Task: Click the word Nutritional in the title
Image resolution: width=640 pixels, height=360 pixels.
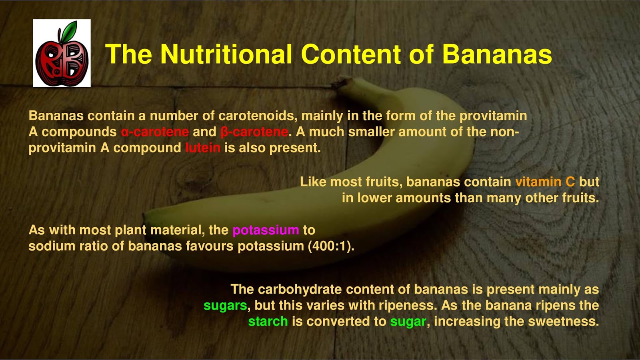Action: click(x=226, y=54)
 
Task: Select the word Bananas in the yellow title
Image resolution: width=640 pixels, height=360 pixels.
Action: click(x=497, y=54)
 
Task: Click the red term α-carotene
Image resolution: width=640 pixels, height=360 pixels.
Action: click(x=155, y=132)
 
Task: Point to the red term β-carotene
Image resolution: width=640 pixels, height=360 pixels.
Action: click(x=254, y=132)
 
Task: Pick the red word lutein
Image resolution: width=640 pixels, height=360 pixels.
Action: click(x=202, y=148)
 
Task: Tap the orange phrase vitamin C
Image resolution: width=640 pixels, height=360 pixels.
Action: click(x=545, y=182)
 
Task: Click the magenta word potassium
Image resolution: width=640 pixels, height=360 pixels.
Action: click(x=266, y=230)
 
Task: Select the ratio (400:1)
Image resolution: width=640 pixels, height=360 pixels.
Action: click(x=331, y=246)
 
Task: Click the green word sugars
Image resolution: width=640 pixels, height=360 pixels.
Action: click(x=225, y=306)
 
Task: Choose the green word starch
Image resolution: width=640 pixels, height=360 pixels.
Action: click(x=268, y=321)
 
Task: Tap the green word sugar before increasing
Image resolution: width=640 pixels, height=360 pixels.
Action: click(x=408, y=321)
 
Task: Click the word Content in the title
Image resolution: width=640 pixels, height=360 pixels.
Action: click(x=351, y=54)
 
